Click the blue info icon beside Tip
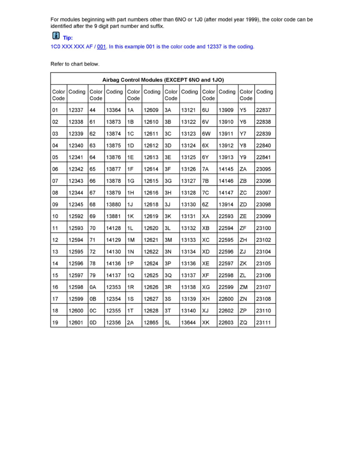(x=56, y=36)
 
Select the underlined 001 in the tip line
(x=102, y=47)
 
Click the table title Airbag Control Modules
(x=163, y=80)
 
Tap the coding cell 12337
(x=75, y=111)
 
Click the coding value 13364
(x=113, y=111)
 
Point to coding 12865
(x=151, y=322)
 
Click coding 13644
(x=188, y=322)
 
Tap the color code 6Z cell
(x=206, y=205)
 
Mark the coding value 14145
(x=226, y=169)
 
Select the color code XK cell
(x=206, y=322)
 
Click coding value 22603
(x=226, y=322)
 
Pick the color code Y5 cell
(x=243, y=111)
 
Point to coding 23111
(x=264, y=322)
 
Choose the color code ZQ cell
(x=244, y=322)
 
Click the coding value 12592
(x=75, y=217)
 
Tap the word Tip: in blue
(x=68, y=38)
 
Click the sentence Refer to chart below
(x=75, y=64)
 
